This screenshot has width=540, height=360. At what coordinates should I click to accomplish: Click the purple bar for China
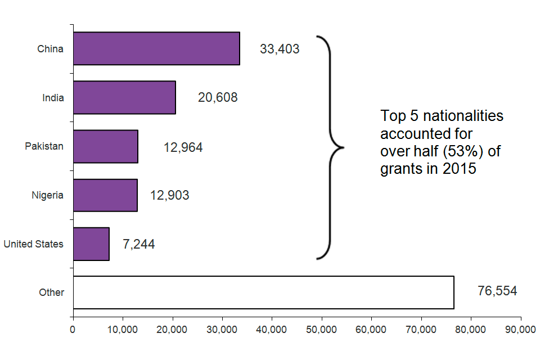pos(156,48)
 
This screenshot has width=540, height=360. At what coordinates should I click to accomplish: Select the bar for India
pos(124,97)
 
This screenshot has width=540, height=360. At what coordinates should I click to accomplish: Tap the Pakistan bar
pos(106,146)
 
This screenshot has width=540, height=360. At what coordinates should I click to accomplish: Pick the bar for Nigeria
pos(105,195)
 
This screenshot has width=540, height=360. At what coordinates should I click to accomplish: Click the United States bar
pos(91,244)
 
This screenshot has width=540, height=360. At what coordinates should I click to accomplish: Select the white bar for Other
pos(263,292)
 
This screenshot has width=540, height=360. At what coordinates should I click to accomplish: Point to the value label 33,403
pos(280,49)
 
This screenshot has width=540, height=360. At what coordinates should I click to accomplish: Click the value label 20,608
pos(218,97)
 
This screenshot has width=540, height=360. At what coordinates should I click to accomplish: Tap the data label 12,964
pos(183,148)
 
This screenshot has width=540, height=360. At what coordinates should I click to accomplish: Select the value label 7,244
pos(138,244)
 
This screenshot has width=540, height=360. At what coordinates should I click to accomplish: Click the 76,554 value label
pos(497,291)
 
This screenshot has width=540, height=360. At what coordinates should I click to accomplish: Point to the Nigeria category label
pos(47,196)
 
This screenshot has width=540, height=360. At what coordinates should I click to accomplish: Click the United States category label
pos(33,244)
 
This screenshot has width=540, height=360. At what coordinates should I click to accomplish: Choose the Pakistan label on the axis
pos(44,146)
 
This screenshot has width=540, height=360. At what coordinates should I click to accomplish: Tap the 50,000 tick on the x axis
pos(322,330)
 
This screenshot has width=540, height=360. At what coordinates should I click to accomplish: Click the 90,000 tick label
pos(520,330)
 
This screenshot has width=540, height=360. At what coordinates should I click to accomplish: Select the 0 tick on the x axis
pos(73,330)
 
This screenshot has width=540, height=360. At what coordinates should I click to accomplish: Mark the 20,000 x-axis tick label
pos(172,330)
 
